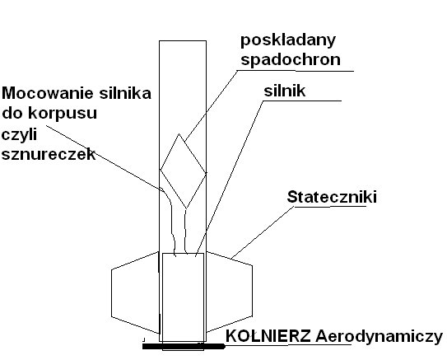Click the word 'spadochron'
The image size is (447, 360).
pyautogui.click(x=291, y=60)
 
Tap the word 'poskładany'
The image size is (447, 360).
pyautogui.click(x=288, y=40)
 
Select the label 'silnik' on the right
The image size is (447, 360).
pyautogui.click(x=285, y=91)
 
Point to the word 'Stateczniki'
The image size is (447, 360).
pyautogui.click(x=332, y=197)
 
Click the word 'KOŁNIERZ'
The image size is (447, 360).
pyautogui.click(x=268, y=336)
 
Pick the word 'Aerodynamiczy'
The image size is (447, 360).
pyautogui.click(x=379, y=337)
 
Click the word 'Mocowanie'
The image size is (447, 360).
pyautogui.click(x=48, y=93)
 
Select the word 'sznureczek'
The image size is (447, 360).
pyautogui.click(x=49, y=154)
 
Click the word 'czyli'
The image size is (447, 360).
pyautogui.click(x=20, y=135)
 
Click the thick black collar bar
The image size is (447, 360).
pyautogui.click(x=184, y=346)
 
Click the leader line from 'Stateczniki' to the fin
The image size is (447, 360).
pyautogui.click(x=263, y=232)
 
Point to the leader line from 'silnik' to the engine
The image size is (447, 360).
pyautogui.click(x=230, y=178)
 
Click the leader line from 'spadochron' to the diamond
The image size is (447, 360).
pyautogui.click(x=211, y=105)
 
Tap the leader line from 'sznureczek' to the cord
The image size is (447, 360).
pyautogui.click(x=105, y=157)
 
